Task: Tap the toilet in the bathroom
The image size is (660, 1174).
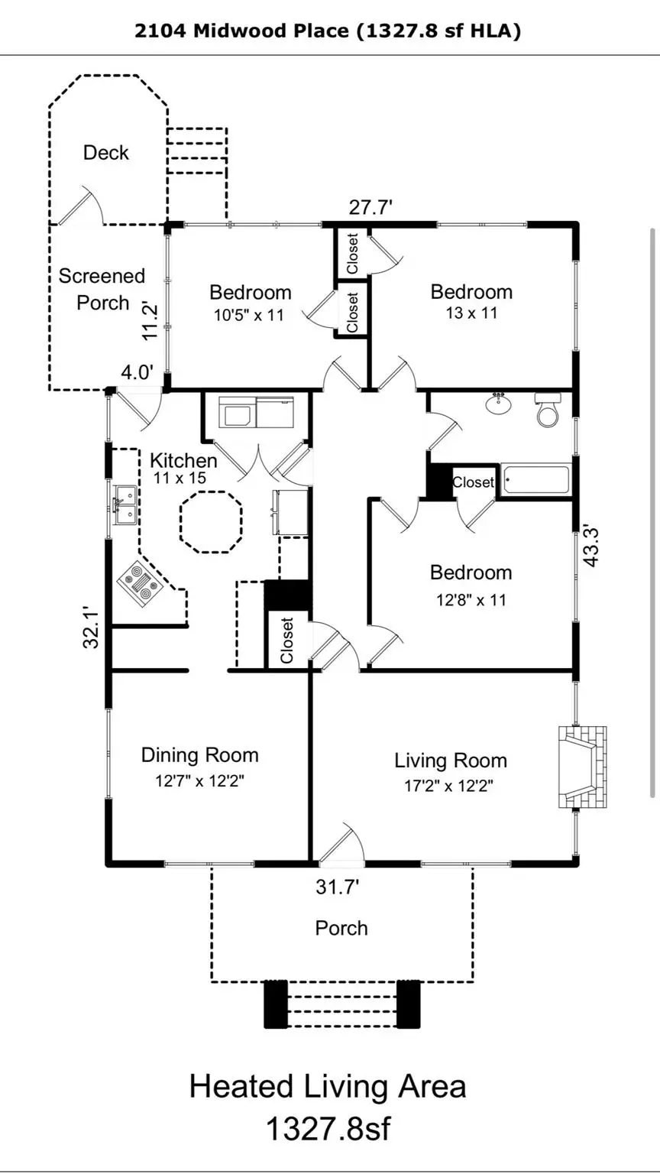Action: (548, 411)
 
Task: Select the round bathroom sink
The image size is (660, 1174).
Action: (500, 404)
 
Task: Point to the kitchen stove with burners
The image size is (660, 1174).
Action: (138, 585)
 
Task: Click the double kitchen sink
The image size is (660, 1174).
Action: (124, 505)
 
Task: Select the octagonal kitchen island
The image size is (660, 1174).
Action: (211, 523)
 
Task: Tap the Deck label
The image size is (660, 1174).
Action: (106, 153)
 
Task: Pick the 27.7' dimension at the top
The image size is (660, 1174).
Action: (370, 207)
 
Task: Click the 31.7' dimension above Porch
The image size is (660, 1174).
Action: (338, 887)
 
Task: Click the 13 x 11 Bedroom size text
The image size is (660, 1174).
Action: (471, 313)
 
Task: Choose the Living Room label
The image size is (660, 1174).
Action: (450, 761)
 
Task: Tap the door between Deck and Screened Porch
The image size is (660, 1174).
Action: (80, 206)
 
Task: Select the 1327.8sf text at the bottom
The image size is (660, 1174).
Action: (328, 1128)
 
